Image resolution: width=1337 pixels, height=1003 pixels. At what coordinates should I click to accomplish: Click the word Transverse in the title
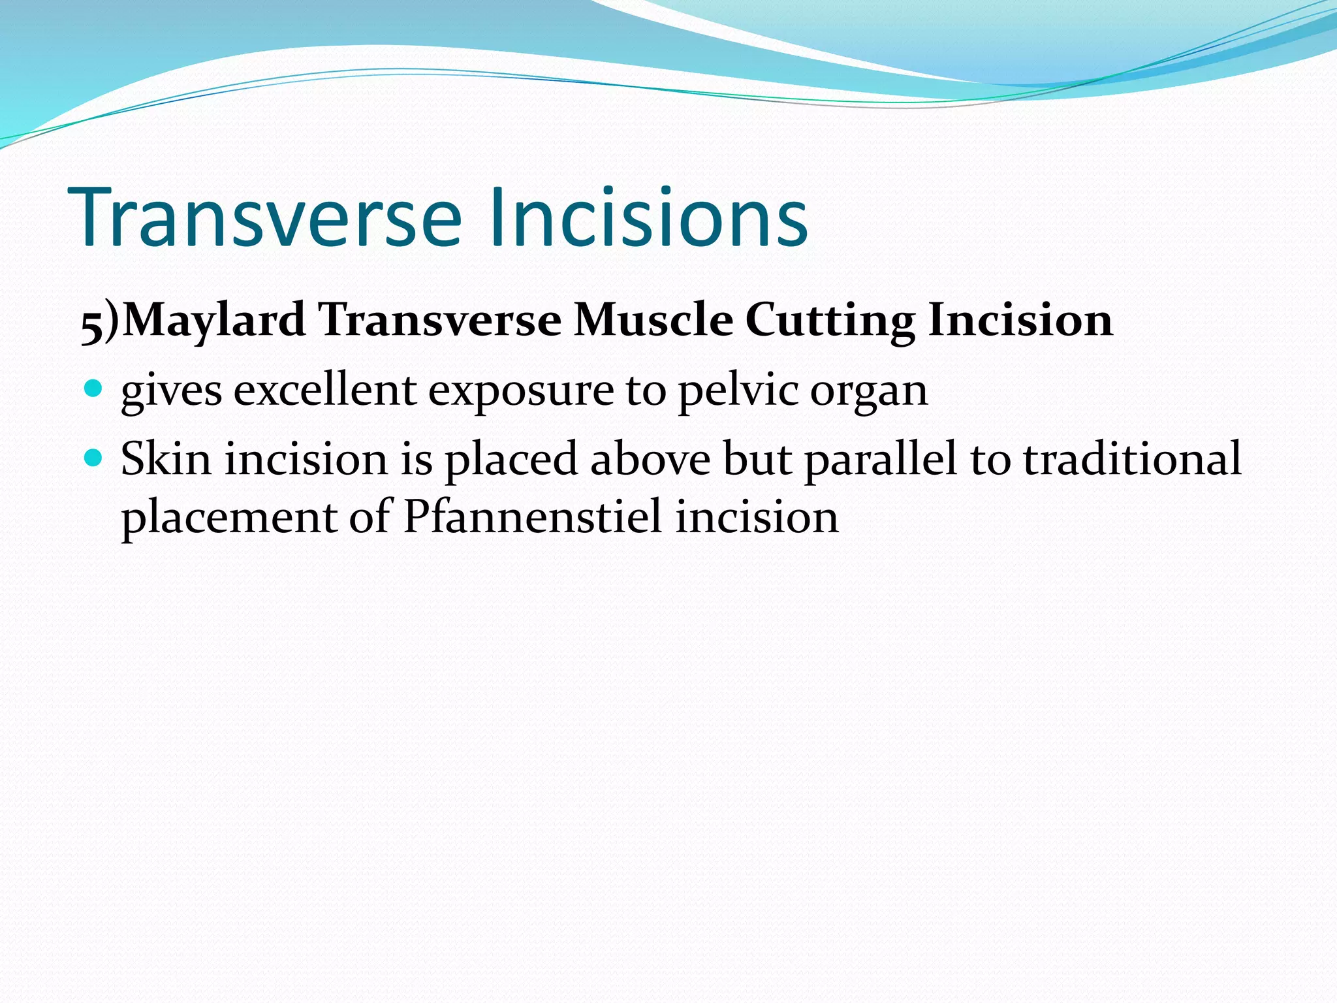[268, 217]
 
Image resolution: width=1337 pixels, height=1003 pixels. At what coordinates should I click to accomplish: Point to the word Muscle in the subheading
[653, 321]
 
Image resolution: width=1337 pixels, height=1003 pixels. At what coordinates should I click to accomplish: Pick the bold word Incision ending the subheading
[1020, 321]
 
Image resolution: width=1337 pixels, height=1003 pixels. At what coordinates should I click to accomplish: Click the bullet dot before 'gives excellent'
[94, 389]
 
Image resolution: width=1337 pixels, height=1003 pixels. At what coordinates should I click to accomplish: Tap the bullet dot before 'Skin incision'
[94, 458]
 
